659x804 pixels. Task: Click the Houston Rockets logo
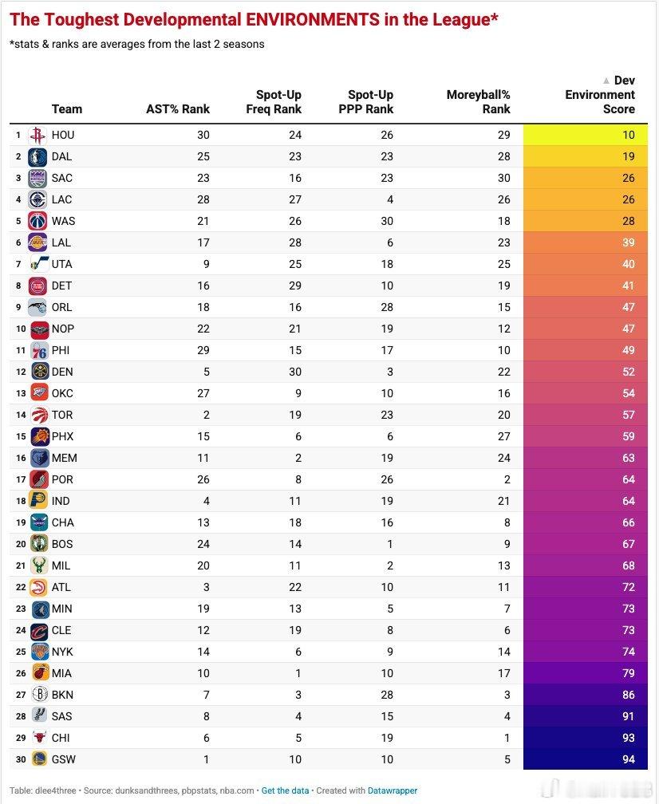pos(37,136)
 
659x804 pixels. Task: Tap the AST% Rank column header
pos(177,109)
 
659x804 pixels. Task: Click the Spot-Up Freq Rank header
pos(274,102)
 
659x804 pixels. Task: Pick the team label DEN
pos(62,372)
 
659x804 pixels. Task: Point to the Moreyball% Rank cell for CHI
pos(507,738)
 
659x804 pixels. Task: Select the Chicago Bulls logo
pos(38,738)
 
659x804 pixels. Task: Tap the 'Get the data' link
pos(285,790)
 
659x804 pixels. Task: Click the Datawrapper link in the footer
pos(393,790)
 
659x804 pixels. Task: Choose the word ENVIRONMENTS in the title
pos(312,19)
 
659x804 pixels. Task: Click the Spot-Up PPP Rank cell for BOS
pos(390,544)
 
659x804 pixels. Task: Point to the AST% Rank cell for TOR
pos(206,415)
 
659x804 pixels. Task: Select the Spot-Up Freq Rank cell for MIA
pos(298,673)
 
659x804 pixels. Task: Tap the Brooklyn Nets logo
pos(39,695)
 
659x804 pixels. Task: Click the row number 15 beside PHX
pos(21,436)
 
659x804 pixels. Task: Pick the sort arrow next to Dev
pos(606,81)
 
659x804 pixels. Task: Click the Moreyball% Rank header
pos(478,102)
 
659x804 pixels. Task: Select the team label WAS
pos(63,221)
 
